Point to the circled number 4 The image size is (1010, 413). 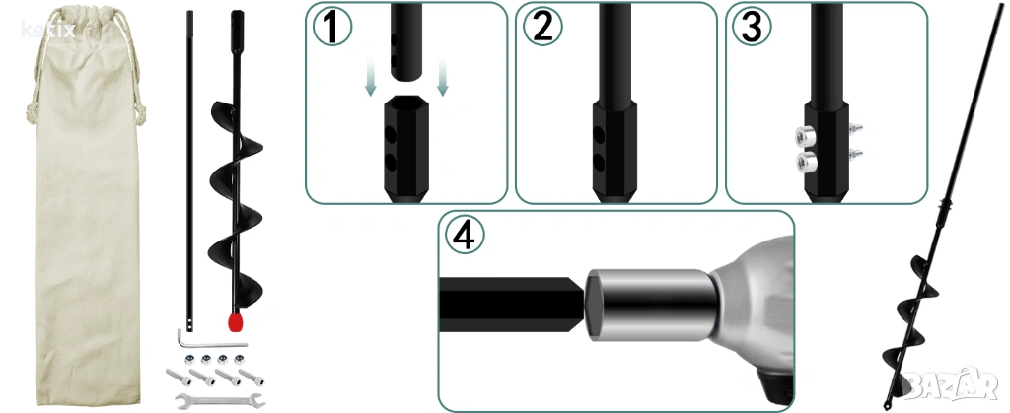tap(464, 236)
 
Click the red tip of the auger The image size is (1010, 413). tap(235, 321)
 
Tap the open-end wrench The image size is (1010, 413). tap(220, 399)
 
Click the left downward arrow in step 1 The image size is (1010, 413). tap(371, 76)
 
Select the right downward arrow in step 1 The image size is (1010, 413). tap(442, 76)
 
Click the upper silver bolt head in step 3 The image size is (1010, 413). tap(805, 136)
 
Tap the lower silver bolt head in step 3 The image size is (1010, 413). tap(807, 161)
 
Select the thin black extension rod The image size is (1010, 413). tap(189, 169)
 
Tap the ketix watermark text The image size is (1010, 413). tap(47, 29)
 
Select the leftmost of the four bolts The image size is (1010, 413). tap(180, 377)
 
